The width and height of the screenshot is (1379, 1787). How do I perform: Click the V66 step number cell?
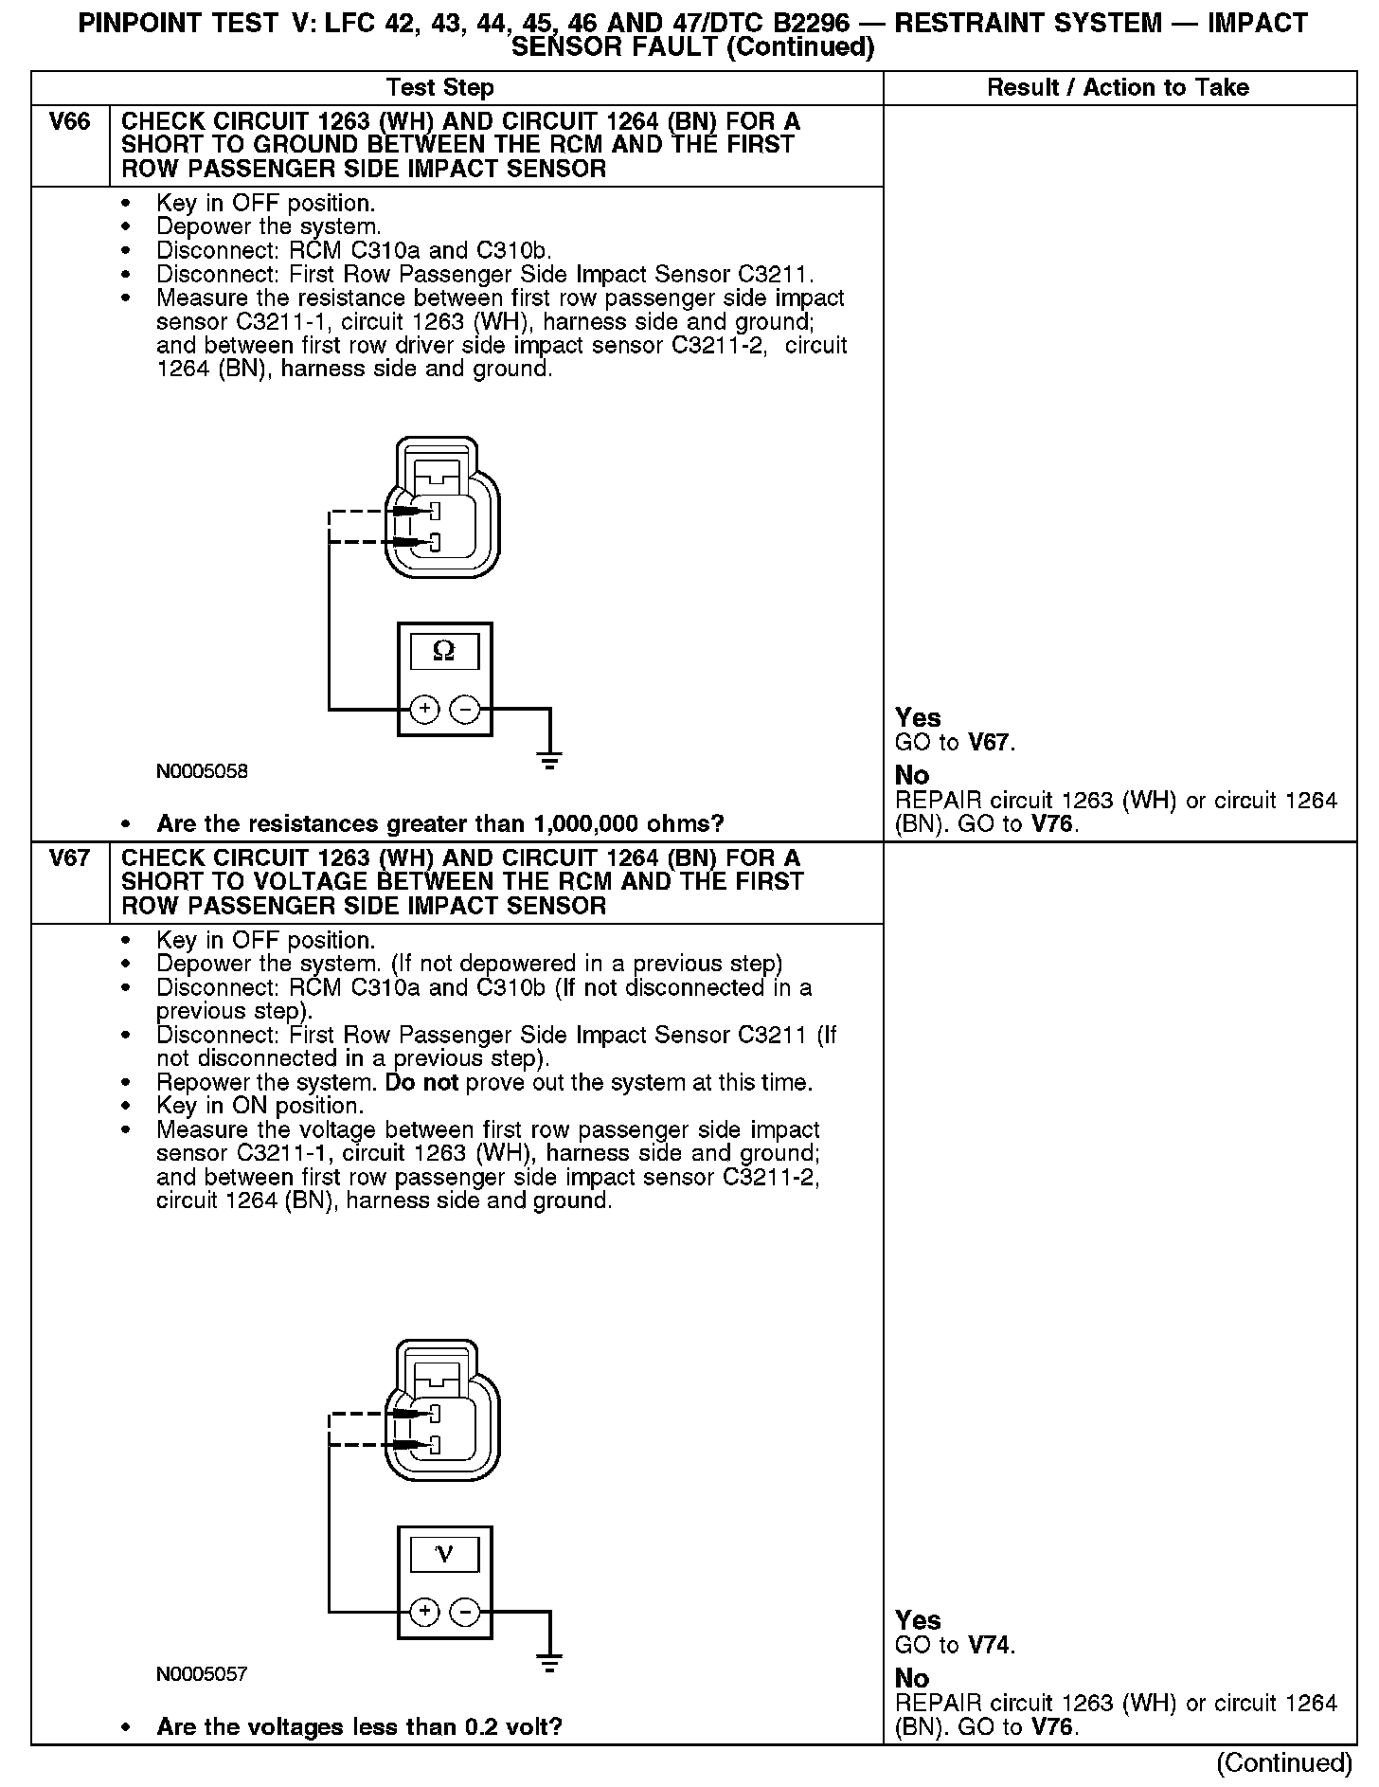click(70, 122)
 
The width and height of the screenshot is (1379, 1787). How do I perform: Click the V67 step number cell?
click(70, 858)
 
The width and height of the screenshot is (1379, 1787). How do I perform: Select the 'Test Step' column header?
click(439, 88)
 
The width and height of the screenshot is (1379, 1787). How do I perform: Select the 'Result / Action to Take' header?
click(1118, 88)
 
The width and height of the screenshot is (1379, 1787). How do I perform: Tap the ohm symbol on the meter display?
click(443, 651)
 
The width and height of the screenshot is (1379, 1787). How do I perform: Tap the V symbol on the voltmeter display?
click(443, 1554)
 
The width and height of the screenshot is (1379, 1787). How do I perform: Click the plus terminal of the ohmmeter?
click(424, 708)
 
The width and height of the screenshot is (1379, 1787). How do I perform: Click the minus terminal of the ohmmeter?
click(464, 708)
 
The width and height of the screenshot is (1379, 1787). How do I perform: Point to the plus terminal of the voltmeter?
click(424, 1611)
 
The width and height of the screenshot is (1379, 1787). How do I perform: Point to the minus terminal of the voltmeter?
click(464, 1611)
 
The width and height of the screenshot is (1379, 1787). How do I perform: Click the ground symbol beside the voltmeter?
click(549, 1662)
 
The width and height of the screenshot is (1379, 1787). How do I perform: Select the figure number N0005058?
click(202, 771)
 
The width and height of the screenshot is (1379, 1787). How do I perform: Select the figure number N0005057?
click(202, 1674)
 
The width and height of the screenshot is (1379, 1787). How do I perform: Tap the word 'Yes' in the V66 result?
click(918, 718)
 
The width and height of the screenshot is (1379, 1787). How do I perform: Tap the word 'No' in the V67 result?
click(912, 1678)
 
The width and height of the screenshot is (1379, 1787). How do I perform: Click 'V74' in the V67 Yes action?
click(989, 1646)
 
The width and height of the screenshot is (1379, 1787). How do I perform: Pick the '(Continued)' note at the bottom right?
click(1284, 1762)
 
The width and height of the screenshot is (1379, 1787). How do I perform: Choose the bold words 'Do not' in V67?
click(421, 1083)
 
